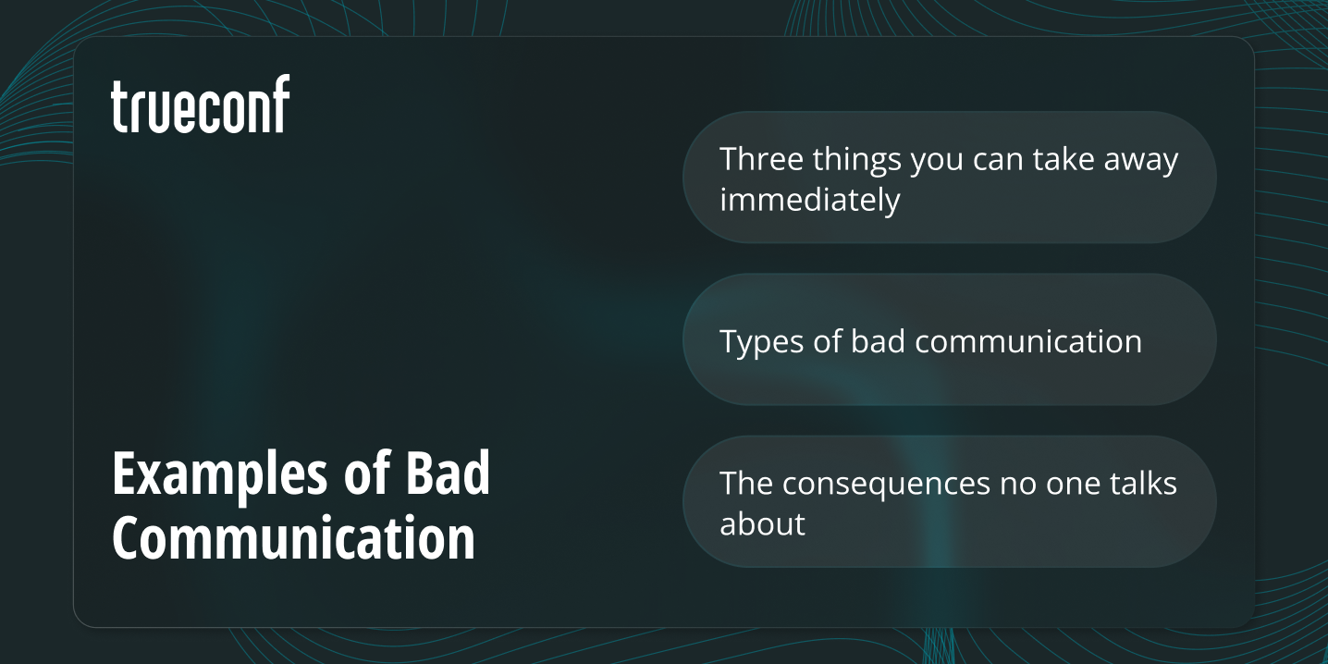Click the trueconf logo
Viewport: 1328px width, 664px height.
(201, 105)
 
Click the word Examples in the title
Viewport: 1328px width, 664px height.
(218, 475)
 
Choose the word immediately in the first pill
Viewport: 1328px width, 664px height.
(809, 200)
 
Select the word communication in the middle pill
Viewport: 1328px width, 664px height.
(1029, 341)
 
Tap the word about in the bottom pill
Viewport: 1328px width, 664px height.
(762, 524)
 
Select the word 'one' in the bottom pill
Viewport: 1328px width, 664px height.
(1064, 484)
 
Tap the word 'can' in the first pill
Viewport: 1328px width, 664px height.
(998, 161)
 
